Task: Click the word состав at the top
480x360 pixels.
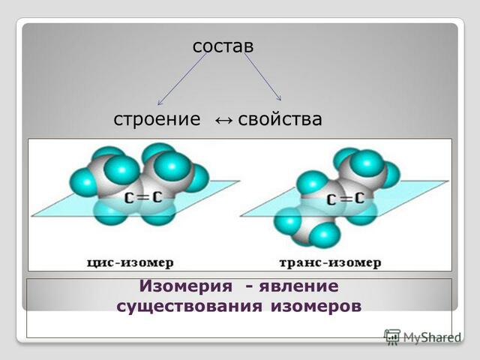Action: click(x=223, y=46)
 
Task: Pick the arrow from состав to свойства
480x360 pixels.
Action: click(x=262, y=77)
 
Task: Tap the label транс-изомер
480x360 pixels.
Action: click(x=330, y=262)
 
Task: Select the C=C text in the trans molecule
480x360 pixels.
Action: click(x=346, y=199)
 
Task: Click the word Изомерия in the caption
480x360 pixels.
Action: click(x=181, y=286)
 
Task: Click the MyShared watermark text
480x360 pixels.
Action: click(x=431, y=338)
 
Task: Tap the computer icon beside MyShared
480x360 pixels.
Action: click(x=391, y=337)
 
